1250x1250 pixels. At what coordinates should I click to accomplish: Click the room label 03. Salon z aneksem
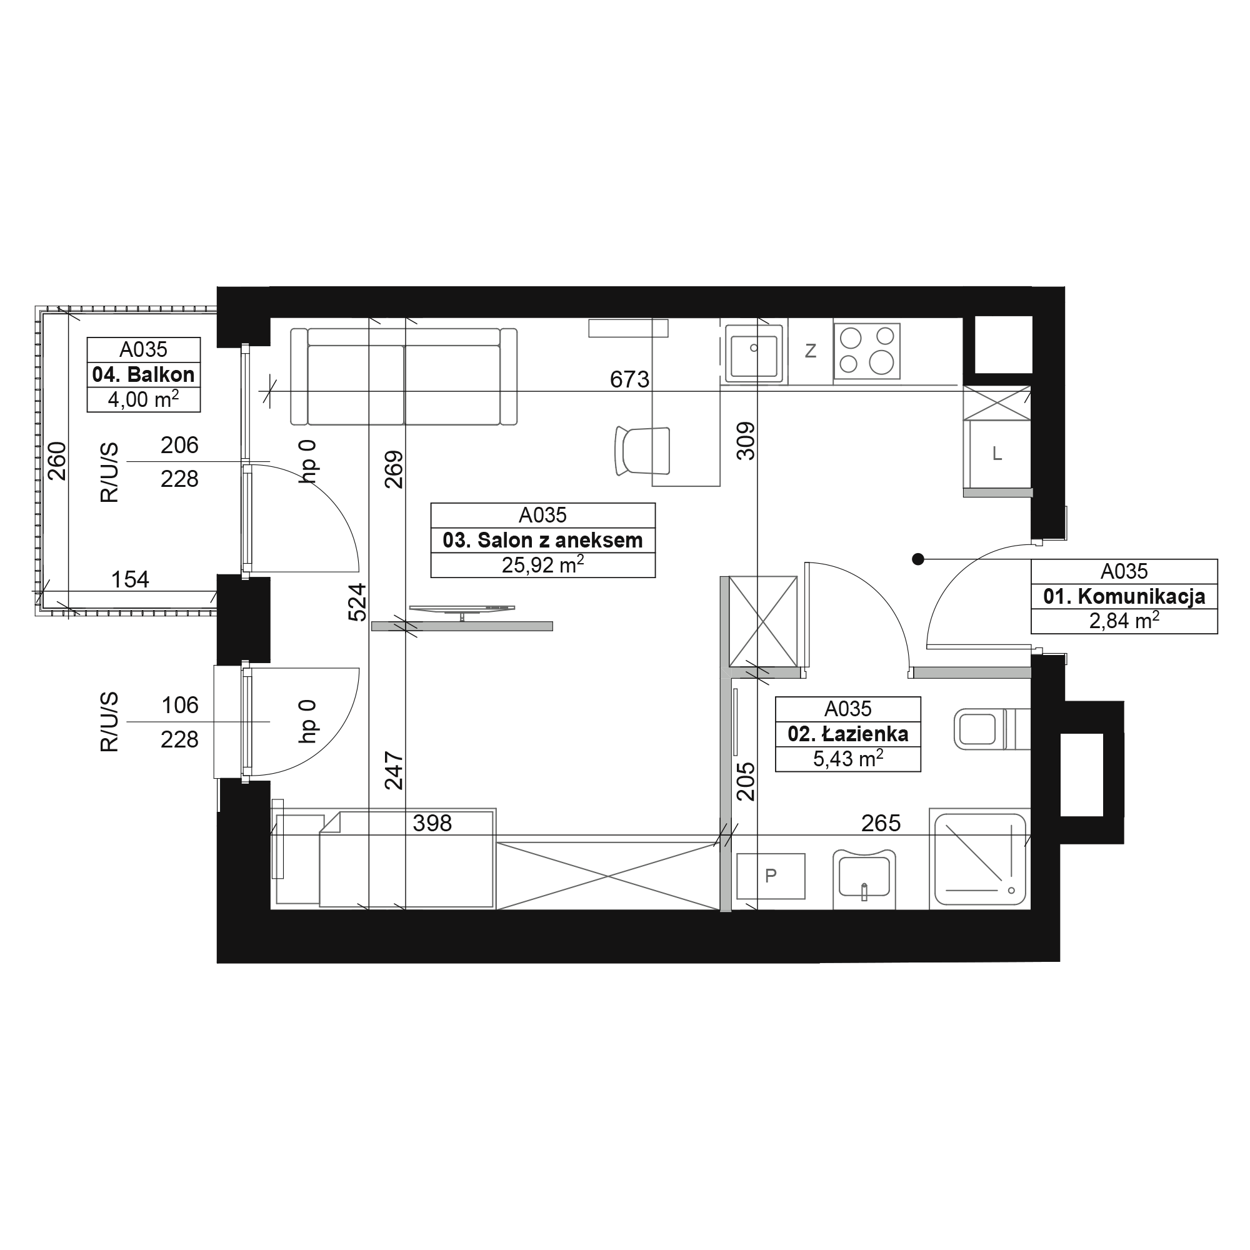pyautogui.click(x=543, y=540)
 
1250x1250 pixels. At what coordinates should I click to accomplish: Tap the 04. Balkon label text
pyautogui.click(x=144, y=374)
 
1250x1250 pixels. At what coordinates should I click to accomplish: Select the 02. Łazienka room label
pyautogui.click(x=847, y=734)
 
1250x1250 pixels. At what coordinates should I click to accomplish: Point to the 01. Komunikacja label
pyautogui.click(x=1124, y=596)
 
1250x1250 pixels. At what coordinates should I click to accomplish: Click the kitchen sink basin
pyautogui.click(x=753, y=352)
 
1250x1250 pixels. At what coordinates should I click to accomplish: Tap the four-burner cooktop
pyautogui.click(x=866, y=351)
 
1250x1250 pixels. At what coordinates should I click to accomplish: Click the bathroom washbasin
pyautogui.click(x=864, y=878)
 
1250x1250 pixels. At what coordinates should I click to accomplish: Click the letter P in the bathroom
pyautogui.click(x=771, y=876)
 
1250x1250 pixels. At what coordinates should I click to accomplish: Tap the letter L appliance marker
pyautogui.click(x=997, y=454)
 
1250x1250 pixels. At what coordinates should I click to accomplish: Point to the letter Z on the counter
pyautogui.click(x=810, y=351)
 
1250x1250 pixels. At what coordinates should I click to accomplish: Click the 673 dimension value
pyautogui.click(x=629, y=379)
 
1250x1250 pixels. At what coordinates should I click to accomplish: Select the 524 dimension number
pyautogui.click(x=357, y=603)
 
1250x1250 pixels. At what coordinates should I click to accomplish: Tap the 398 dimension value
pyautogui.click(x=432, y=824)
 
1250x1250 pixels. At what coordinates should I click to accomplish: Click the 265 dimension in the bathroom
pyautogui.click(x=881, y=823)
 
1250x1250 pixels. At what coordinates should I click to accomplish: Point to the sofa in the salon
pyautogui.click(x=404, y=376)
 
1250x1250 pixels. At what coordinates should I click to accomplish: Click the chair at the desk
pyautogui.click(x=641, y=452)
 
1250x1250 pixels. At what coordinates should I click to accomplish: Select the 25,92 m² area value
pyautogui.click(x=543, y=565)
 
